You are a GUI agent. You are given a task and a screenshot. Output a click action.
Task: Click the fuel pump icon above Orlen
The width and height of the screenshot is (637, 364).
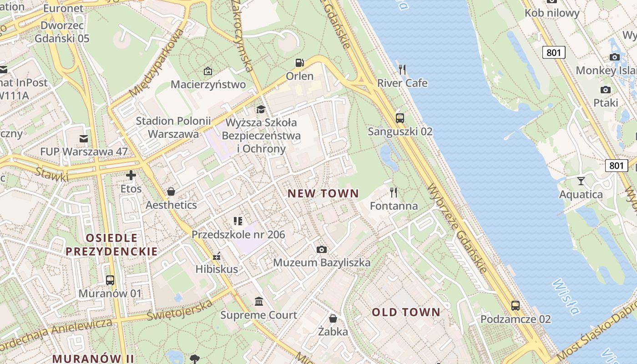299,63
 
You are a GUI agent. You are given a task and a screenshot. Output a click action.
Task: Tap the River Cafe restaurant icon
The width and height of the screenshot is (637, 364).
402,70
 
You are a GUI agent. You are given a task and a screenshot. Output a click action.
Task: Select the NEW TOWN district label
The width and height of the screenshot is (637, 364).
323,193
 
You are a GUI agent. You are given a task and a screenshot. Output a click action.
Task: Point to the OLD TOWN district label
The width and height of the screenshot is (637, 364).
406,312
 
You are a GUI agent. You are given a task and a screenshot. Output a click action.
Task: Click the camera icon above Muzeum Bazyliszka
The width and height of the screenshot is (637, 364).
321,249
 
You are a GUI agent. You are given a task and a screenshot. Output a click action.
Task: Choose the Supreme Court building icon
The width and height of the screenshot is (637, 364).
259,301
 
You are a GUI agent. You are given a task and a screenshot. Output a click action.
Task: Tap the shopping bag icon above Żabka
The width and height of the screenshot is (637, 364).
333,318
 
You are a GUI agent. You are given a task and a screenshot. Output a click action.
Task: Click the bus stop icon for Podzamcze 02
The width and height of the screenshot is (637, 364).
515,305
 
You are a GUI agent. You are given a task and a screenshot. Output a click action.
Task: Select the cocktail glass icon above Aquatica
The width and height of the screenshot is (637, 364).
581,181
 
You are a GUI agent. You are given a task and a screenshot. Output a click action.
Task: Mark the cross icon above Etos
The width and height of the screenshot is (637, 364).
131,175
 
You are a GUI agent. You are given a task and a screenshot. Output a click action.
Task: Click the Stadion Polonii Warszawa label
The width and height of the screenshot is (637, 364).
173,127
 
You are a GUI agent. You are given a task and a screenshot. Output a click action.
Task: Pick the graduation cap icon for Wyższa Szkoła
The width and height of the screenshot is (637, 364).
261,109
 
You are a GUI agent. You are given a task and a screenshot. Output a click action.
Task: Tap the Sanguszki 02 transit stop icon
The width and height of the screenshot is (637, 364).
400,118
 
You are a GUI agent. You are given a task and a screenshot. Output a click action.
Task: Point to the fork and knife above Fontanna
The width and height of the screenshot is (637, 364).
394,192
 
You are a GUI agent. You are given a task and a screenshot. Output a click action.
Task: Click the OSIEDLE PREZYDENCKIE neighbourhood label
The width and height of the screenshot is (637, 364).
111,244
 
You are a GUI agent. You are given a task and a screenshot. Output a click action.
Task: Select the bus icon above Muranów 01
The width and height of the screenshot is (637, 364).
110,280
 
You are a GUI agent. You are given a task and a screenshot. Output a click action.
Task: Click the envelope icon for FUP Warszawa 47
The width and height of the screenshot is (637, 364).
84,138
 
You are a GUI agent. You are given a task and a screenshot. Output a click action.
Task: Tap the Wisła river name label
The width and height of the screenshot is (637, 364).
566,297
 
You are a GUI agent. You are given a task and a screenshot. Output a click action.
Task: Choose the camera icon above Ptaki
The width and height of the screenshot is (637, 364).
605,90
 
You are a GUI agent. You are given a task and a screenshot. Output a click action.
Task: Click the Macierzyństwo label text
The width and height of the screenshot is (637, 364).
208,85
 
